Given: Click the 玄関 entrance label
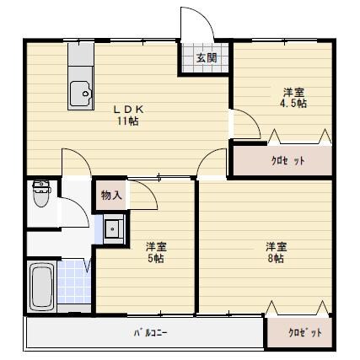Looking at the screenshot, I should point(207,58).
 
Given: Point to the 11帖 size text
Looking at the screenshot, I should point(128,121).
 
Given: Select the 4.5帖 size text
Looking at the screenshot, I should point(293,103).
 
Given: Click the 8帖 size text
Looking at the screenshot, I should point(277,259).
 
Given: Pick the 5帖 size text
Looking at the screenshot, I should point(155,259).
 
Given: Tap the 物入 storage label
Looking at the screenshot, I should point(110,196).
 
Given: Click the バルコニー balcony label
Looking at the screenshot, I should point(150,332).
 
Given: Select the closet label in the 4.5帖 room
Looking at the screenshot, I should point(288,159).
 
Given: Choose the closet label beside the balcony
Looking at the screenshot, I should point(305,332).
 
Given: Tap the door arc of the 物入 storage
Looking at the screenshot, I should point(145,198).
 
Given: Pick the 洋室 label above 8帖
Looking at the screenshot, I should point(277,246).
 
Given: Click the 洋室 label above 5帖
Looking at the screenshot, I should point(155,246).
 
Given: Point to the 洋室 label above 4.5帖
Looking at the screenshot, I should point(293,91).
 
